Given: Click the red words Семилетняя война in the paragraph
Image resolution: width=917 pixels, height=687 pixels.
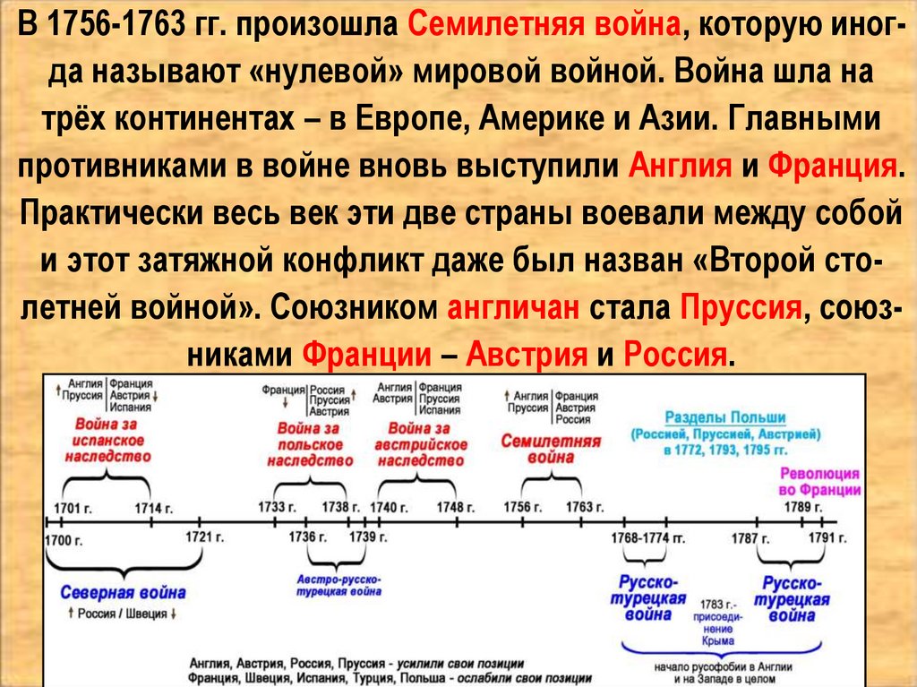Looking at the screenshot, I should tap(544, 24).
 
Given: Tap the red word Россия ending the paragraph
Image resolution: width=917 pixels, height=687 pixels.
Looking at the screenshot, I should tap(673, 356).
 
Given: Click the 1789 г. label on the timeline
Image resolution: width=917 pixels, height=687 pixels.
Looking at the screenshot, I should tap(800, 507).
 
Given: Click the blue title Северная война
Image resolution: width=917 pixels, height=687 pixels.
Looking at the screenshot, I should tap(124, 592).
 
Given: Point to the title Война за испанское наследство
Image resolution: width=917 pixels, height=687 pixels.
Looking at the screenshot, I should tap(106, 439).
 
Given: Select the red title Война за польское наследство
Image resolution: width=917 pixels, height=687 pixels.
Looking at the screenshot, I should tap(310, 444).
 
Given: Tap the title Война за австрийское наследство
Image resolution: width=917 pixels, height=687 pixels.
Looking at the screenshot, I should tap(420, 444).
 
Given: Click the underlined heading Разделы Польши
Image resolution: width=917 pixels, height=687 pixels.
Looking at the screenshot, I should tap(724, 417).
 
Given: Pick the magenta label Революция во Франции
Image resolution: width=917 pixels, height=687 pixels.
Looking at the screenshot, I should tap(818, 481).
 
